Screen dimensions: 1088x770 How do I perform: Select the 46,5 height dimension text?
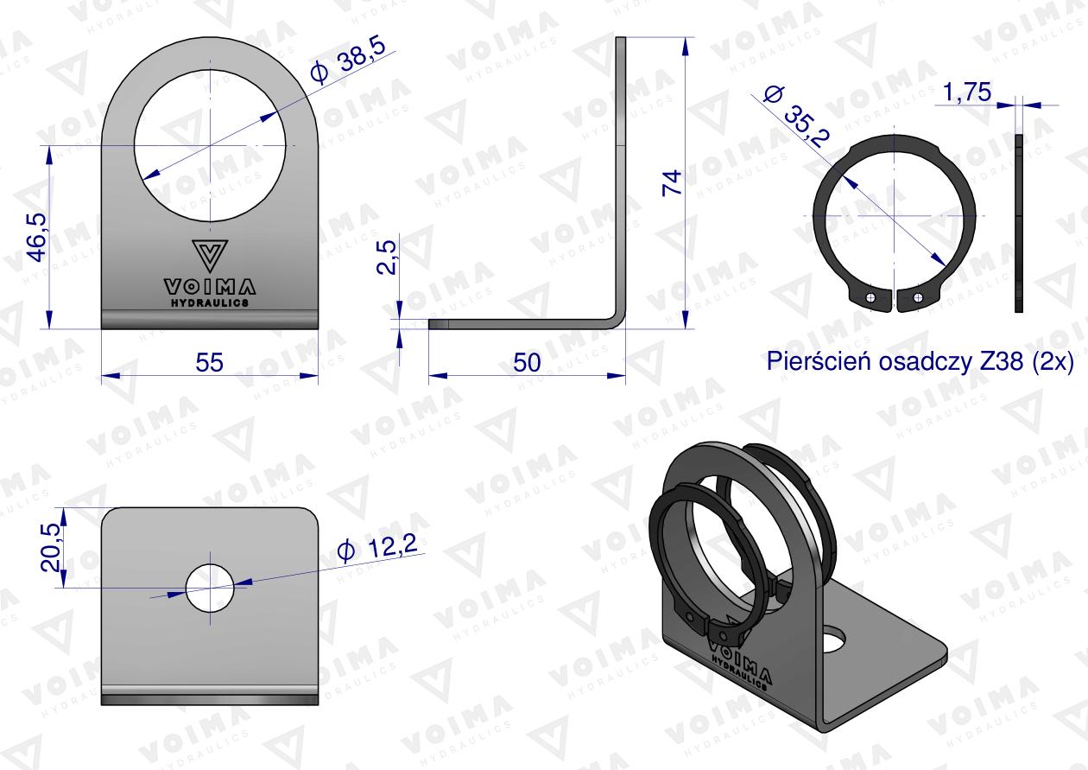point(37,237)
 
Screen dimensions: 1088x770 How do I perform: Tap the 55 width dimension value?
point(209,363)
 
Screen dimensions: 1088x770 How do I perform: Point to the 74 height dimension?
point(672,183)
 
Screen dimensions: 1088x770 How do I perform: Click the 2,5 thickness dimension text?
point(387,258)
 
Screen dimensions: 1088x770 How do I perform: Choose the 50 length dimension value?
point(527,363)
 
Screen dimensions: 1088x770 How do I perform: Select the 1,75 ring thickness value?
point(967,92)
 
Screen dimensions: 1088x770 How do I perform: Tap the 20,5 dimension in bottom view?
point(50,547)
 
